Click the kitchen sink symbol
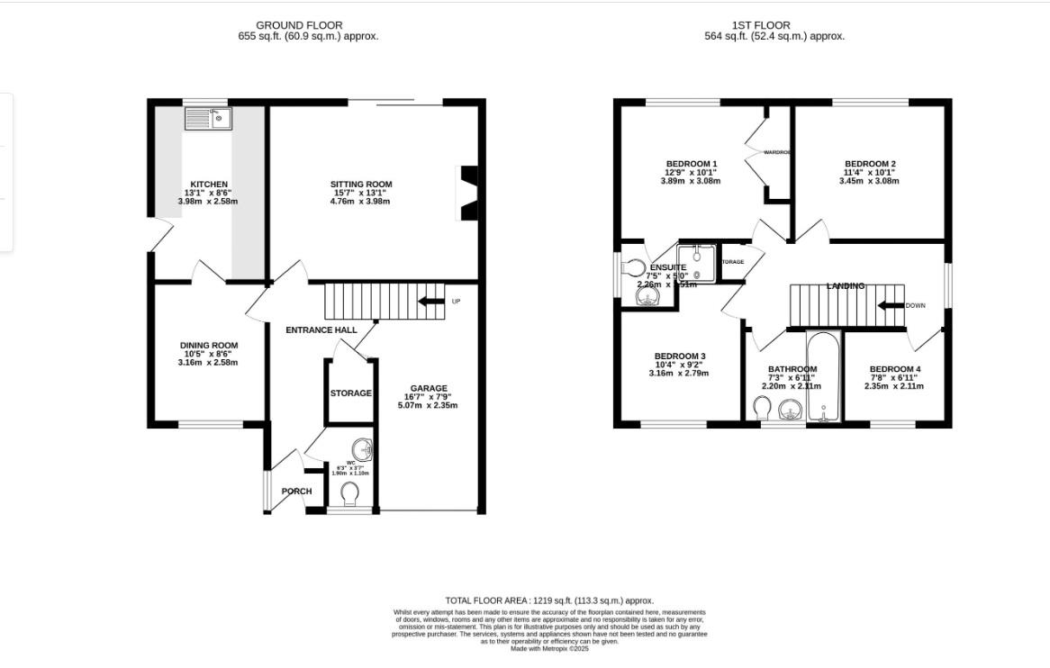click(x=208, y=118)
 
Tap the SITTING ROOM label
click(x=360, y=185)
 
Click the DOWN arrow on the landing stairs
click(x=891, y=305)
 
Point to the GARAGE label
click(x=428, y=388)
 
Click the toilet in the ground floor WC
click(x=350, y=493)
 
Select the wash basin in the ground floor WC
click(x=362, y=447)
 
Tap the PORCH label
click(x=296, y=492)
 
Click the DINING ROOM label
click(x=209, y=346)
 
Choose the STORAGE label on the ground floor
click(x=350, y=393)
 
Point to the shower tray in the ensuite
click(x=696, y=263)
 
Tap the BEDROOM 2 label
click(x=869, y=164)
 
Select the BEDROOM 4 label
click(x=894, y=369)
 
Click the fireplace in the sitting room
click(x=468, y=193)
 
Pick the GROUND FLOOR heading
click(x=299, y=25)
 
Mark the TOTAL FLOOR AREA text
click(x=549, y=600)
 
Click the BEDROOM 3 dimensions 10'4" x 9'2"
click(x=679, y=365)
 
